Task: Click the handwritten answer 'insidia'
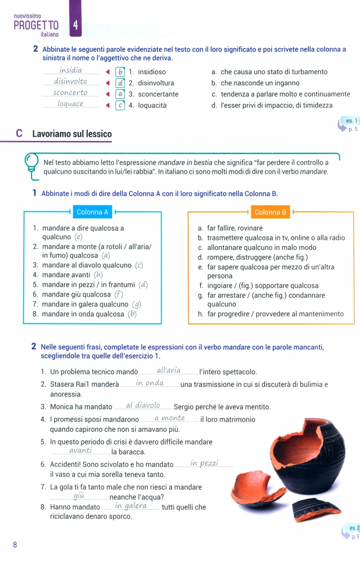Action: click(x=70, y=70)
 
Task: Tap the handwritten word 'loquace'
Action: click(x=70, y=104)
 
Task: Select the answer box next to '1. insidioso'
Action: click(x=120, y=72)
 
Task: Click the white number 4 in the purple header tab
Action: click(x=76, y=25)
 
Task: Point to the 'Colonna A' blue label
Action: click(x=92, y=212)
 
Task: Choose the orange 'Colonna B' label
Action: click(x=270, y=212)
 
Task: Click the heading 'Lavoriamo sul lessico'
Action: click(x=72, y=134)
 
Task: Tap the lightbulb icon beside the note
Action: click(x=32, y=164)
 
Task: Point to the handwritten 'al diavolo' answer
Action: click(x=142, y=405)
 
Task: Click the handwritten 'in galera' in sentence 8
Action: click(x=131, y=506)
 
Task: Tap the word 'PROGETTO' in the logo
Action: click(x=36, y=25)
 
